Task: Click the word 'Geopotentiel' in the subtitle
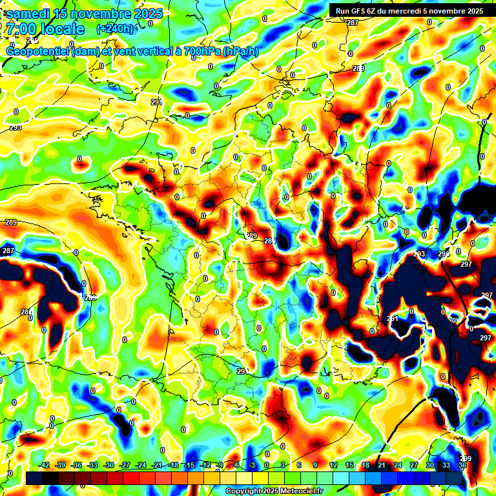[39, 52]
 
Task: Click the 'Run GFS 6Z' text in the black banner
[355, 10]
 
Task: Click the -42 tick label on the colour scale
[45, 466]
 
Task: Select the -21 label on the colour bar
[157, 466]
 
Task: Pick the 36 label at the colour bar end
[462, 466]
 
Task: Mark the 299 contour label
[466, 459]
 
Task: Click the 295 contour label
[444, 254]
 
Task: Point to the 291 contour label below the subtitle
[156, 102]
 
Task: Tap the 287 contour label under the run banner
[352, 23]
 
